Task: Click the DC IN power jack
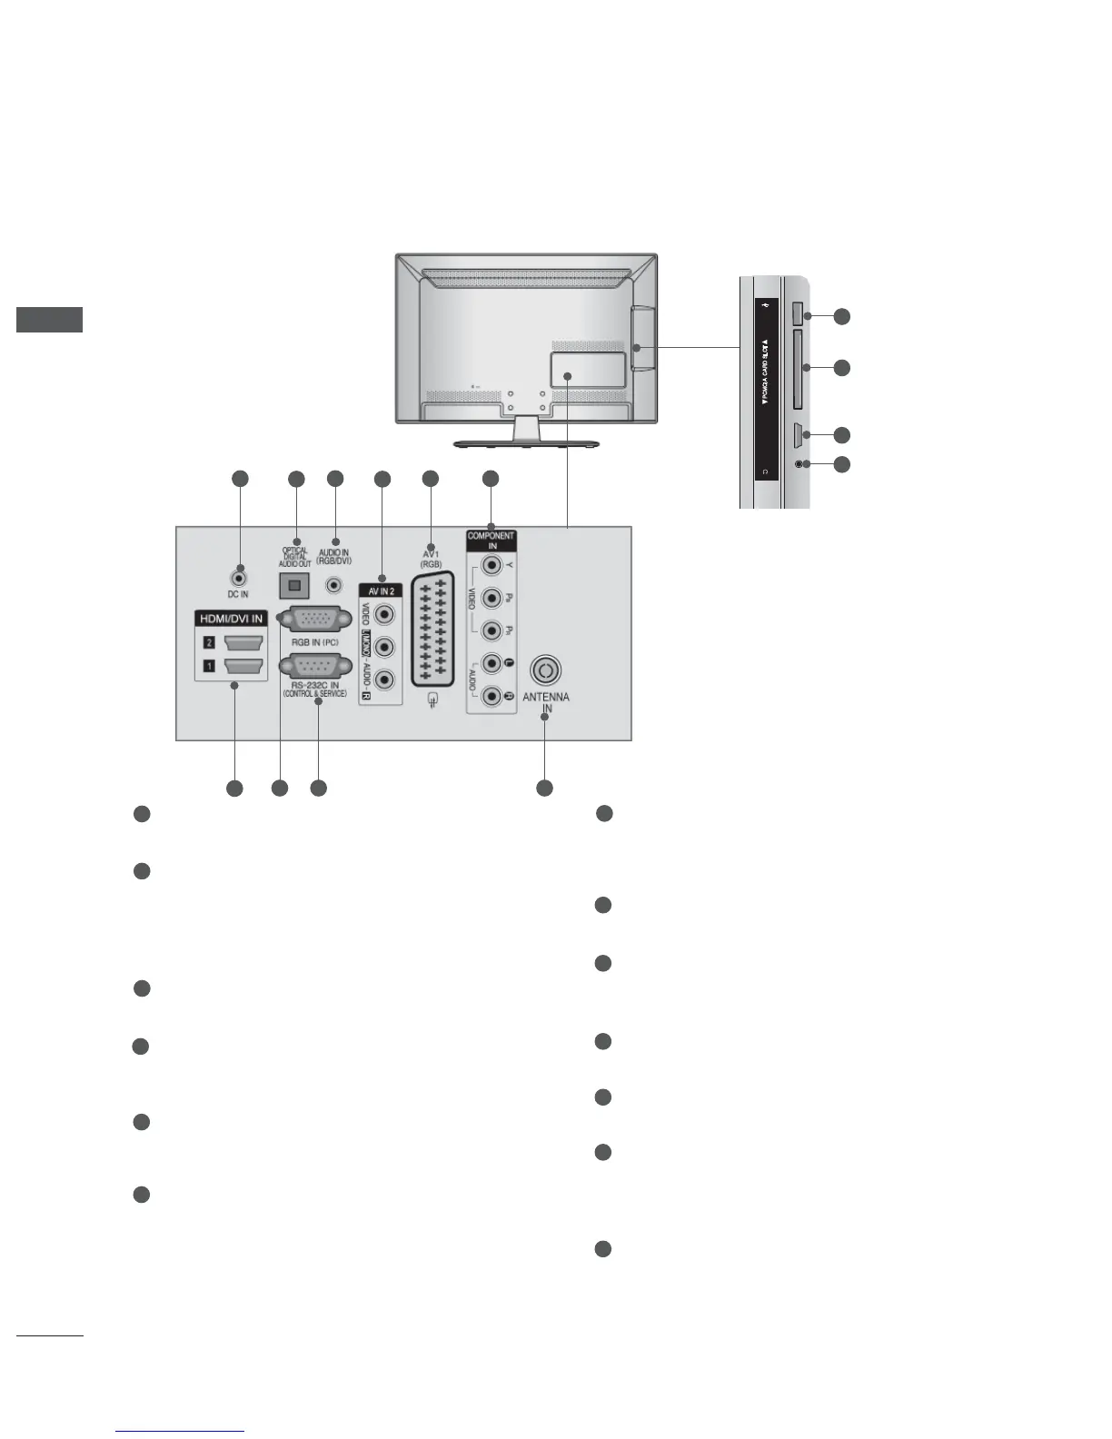click(x=238, y=575)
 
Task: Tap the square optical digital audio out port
click(x=293, y=585)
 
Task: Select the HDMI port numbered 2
click(x=243, y=643)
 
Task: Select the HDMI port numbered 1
click(x=243, y=666)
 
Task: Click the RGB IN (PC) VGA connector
click(x=313, y=620)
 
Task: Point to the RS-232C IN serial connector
click(x=313, y=669)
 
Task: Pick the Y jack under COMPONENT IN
click(x=491, y=566)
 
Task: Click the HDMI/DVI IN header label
click(x=231, y=619)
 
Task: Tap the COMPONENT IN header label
click(x=491, y=541)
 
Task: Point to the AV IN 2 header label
click(x=382, y=590)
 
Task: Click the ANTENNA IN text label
click(x=546, y=703)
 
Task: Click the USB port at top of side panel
click(x=797, y=314)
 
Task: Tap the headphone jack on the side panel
click(x=798, y=464)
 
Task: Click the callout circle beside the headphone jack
click(x=842, y=464)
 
